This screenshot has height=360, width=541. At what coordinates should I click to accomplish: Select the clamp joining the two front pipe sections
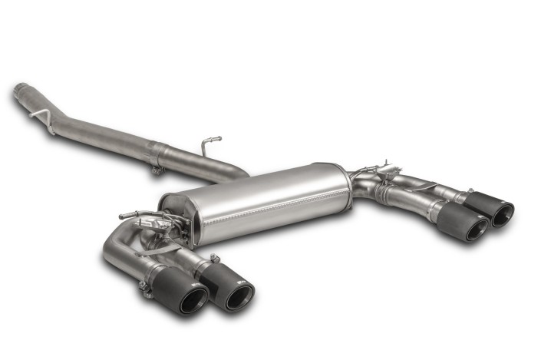point(157,158)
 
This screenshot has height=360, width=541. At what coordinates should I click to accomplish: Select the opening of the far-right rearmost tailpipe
point(503,214)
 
